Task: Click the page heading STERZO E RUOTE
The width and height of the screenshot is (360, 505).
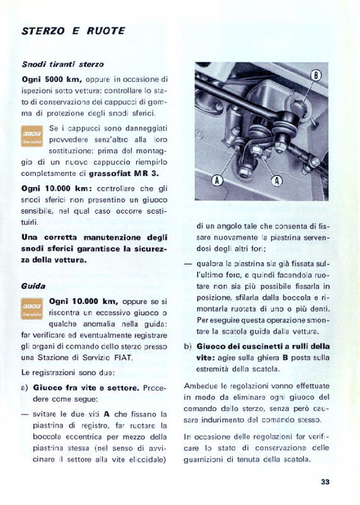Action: (73, 31)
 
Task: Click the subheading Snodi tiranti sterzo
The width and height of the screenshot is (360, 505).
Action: (63, 65)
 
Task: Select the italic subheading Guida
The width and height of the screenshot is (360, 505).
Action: (33, 286)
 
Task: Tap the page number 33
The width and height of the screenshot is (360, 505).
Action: (325, 482)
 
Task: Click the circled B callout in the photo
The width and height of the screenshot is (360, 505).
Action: (316, 76)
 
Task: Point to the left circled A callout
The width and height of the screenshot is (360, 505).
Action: (217, 181)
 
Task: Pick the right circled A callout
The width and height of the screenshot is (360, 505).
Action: (277, 181)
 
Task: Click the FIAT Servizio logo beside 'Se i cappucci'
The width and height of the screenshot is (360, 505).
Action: (32, 136)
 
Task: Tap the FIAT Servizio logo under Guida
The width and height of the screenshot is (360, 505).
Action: (32, 308)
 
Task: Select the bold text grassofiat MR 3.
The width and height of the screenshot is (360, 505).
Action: (124, 173)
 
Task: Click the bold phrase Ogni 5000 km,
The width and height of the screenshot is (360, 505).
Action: (52, 79)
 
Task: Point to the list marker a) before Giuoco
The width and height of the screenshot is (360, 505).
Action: (25, 388)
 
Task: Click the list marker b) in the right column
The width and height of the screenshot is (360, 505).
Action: (187, 346)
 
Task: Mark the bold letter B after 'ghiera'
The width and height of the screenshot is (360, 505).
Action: (285, 358)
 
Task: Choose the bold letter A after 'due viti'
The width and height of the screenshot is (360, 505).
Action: (107, 414)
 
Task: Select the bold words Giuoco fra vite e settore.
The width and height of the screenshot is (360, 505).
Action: (87, 388)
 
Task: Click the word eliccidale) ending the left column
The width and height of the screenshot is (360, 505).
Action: (148, 460)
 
